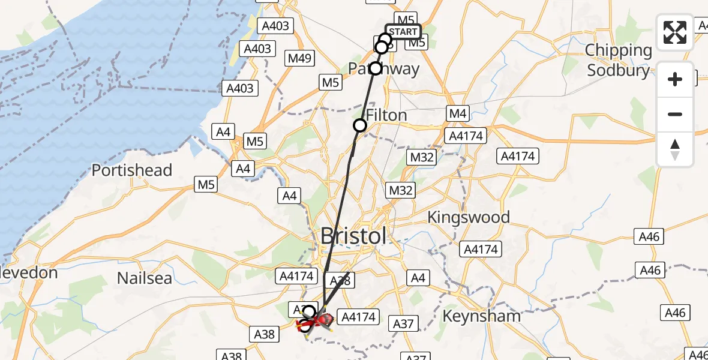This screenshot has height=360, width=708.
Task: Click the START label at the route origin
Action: (403, 32)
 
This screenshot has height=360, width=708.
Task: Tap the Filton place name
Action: (386, 115)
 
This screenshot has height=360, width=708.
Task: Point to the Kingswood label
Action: (468, 217)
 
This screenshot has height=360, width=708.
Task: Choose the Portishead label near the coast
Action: (132, 170)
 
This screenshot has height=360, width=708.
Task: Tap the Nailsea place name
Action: (145, 278)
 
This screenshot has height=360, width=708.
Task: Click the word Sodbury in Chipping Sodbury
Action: (618, 70)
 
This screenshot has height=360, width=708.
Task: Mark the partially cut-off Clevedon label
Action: (29, 273)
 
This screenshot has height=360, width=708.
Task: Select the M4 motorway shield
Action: (457, 113)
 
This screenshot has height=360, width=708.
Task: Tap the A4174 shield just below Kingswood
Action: (481, 248)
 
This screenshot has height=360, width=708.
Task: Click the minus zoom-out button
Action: (675, 114)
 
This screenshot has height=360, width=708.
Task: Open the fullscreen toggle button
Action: (675, 32)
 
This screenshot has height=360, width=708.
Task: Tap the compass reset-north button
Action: (675, 149)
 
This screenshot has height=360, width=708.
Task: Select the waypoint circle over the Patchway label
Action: (375, 68)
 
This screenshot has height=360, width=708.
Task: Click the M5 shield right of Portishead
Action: (206, 185)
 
